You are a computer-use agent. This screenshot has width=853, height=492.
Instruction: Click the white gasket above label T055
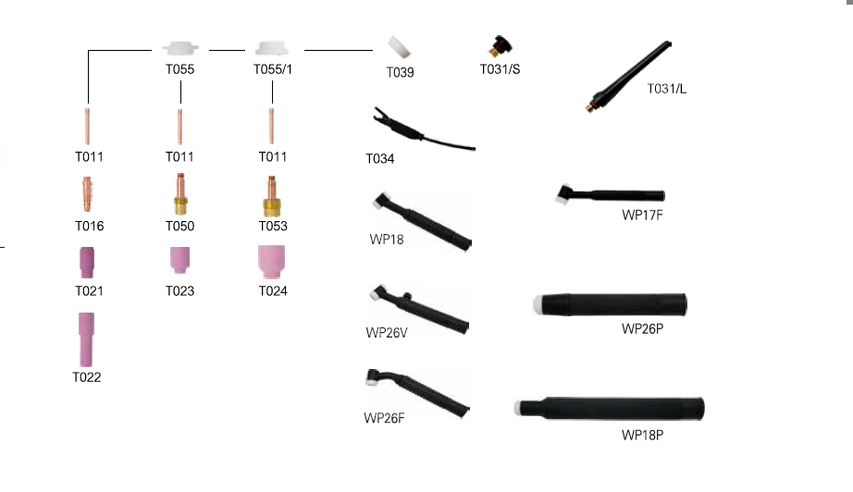point(180,48)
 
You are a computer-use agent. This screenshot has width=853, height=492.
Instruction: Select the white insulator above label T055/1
point(272,48)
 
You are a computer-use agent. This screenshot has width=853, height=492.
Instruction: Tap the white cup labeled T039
point(399,47)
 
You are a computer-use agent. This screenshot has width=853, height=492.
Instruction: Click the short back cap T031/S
point(500,47)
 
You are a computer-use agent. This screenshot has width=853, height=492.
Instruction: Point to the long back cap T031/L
point(628,76)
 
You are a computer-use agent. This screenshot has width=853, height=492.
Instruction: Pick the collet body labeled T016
point(87,193)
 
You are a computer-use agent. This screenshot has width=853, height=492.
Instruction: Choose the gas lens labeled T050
point(180,194)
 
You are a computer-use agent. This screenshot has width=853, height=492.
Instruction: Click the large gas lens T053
point(272,196)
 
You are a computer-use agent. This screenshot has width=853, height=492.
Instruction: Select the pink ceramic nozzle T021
point(87,263)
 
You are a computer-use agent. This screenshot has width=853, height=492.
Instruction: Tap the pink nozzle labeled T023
point(180,260)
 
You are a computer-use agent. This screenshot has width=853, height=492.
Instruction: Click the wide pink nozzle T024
point(271,262)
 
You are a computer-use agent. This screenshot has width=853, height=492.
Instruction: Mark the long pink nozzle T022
point(86,339)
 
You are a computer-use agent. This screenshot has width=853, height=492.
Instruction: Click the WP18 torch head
point(383,201)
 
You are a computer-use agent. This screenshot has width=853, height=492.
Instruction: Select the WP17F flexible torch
point(610,194)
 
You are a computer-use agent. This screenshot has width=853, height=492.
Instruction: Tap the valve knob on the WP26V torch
point(407,296)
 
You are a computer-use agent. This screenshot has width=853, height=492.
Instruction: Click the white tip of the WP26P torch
point(538,304)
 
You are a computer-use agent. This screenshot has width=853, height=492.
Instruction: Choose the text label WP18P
point(642,435)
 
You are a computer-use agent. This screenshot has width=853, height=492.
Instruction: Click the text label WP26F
point(384,418)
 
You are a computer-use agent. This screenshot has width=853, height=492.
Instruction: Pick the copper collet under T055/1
point(271,127)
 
